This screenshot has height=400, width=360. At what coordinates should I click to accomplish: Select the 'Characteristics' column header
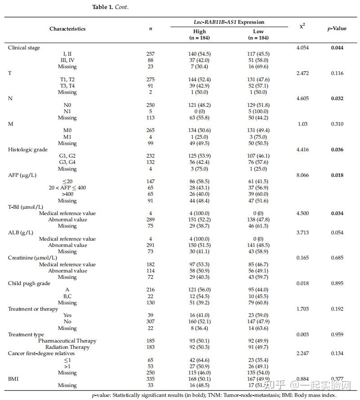[x=67, y=29]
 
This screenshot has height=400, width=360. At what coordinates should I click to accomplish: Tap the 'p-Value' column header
[x=337, y=29]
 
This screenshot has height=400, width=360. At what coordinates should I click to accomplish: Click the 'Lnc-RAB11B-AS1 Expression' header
[x=229, y=22]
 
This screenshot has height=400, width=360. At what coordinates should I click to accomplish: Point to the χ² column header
[x=302, y=26]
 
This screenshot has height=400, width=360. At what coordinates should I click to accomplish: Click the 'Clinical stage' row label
[x=24, y=47]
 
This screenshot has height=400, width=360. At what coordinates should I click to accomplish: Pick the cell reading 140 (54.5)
[x=199, y=54]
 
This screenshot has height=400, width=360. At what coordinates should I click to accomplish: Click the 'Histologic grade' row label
[x=27, y=149]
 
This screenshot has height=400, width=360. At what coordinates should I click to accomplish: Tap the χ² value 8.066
[x=302, y=175]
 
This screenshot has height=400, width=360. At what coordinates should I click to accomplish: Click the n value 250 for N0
[x=150, y=105]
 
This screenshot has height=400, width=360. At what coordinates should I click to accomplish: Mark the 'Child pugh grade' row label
[x=28, y=283]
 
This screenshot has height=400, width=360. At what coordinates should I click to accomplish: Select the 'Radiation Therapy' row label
[x=67, y=347]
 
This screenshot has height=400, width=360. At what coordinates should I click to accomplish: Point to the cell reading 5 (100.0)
[x=258, y=111]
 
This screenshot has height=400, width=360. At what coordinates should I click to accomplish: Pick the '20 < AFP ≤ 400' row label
[x=67, y=188]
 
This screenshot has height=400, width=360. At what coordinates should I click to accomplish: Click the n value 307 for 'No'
[x=150, y=321]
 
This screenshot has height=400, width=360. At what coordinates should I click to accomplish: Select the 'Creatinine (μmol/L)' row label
[x=32, y=258]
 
